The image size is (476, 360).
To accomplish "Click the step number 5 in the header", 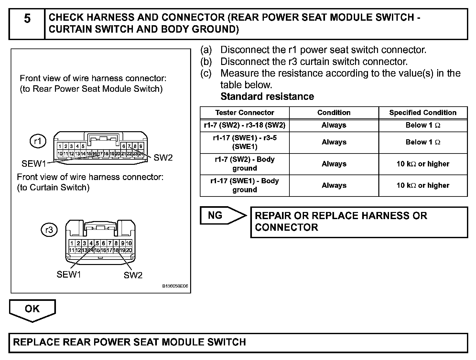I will tap(27, 19).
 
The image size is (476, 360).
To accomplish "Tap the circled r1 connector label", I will tap(38, 141).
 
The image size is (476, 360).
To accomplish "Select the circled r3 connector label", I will tap(49, 230).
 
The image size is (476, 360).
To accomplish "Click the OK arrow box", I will tap(32, 309).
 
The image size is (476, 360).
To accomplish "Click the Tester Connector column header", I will tap(244, 113).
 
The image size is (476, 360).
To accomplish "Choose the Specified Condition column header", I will tap(423, 113).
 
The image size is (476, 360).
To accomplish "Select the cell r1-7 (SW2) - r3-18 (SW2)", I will tap(244, 125).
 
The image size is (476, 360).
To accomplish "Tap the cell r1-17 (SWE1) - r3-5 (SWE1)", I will tap(244, 142).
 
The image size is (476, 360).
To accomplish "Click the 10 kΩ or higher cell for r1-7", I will tap(423, 164).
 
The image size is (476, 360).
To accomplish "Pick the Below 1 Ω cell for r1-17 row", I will tap(423, 142).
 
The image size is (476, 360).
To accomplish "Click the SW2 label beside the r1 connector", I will tap(163, 158).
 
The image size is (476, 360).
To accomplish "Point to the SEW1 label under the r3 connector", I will tap(69, 275).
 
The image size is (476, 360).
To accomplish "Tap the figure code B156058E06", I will tap(175, 286).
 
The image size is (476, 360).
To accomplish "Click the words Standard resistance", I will tap(267, 97).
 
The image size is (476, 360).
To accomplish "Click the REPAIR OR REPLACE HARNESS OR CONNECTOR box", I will tap(359, 222).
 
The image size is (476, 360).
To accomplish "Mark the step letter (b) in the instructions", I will tap(206, 61).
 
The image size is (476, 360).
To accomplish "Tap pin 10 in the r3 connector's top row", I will tap(129, 243).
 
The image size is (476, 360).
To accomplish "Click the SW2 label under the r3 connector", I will tap(133, 275).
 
